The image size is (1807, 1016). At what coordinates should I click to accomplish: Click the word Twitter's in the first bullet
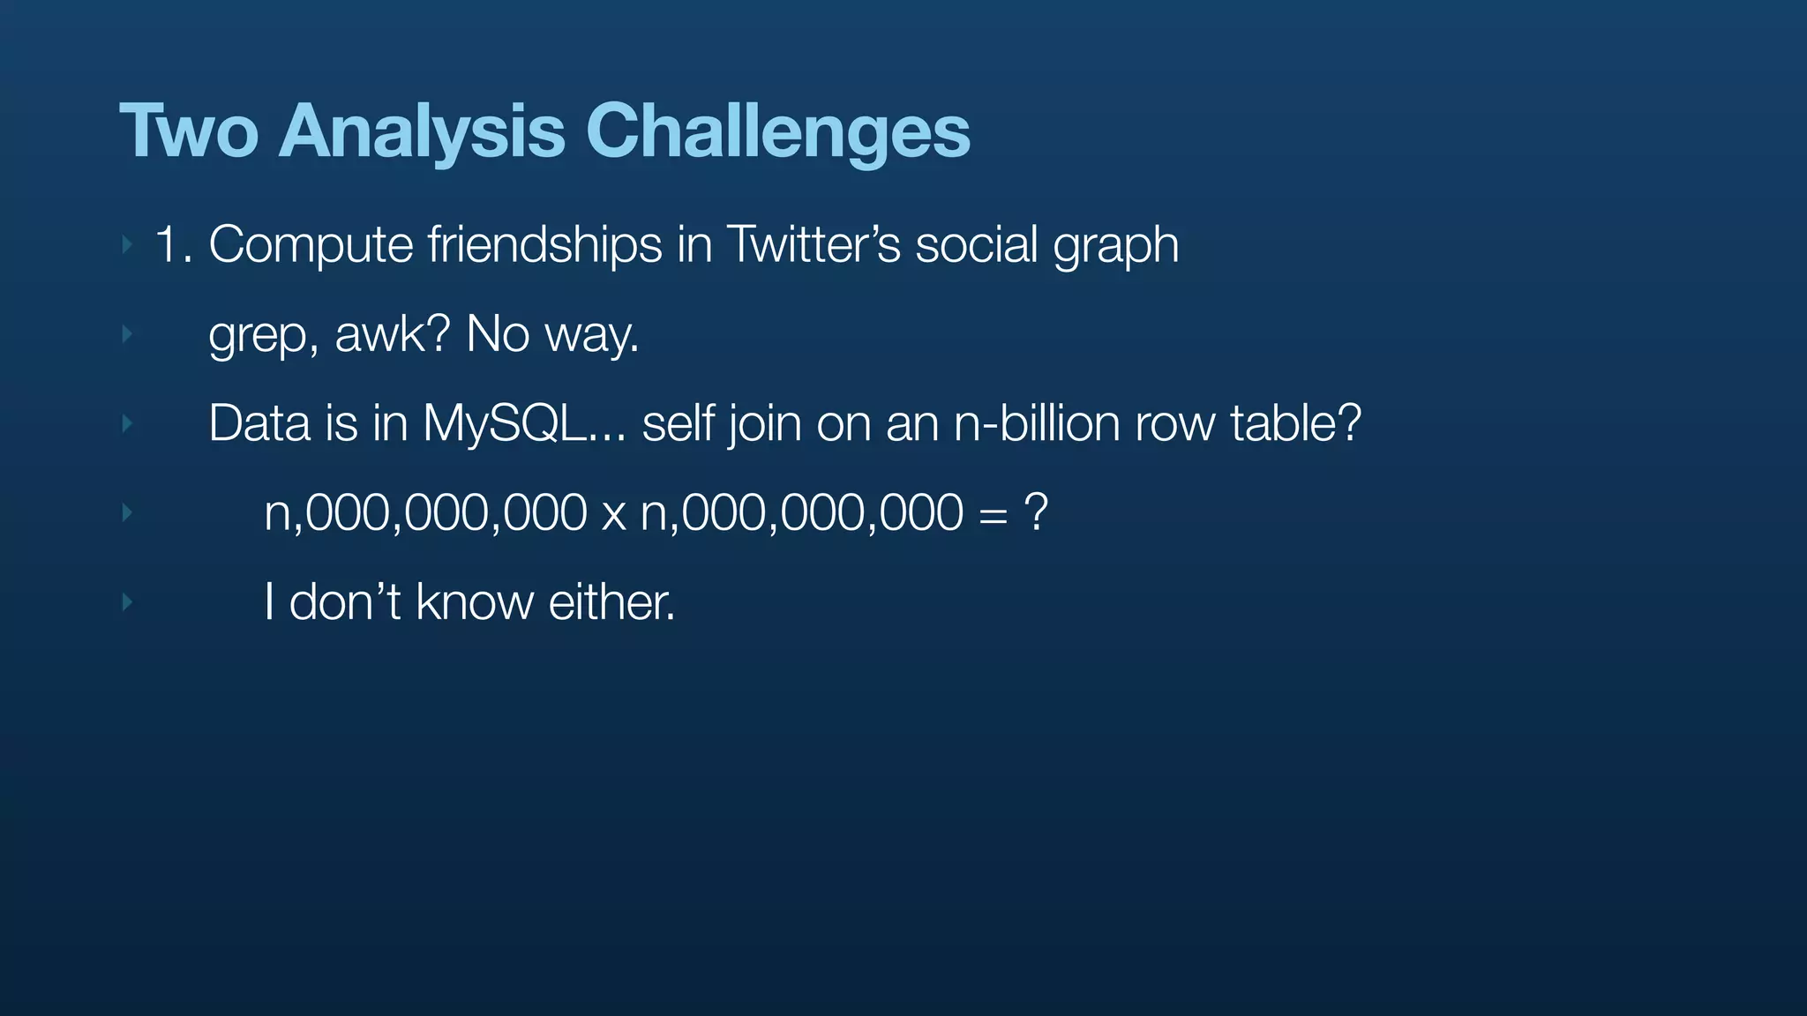(x=813, y=244)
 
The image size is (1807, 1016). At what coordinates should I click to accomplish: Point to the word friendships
(x=544, y=244)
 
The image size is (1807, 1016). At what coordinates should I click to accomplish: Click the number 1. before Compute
(x=173, y=244)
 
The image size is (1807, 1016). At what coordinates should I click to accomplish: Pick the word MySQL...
(x=503, y=423)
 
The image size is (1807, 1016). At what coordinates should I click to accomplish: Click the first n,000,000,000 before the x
(x=425, y=512)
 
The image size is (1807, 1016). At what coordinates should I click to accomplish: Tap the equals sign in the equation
(x=993, y=514)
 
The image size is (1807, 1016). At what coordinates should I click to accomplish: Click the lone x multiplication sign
(x=613, y=514)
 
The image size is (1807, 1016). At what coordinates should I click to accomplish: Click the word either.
(x=611, y=602)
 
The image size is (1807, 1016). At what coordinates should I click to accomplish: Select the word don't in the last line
(x=345, y=602)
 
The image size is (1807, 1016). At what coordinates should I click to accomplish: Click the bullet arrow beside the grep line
(x=127, y=334)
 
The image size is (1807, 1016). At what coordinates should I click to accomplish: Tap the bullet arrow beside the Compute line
(x=127, y=244)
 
